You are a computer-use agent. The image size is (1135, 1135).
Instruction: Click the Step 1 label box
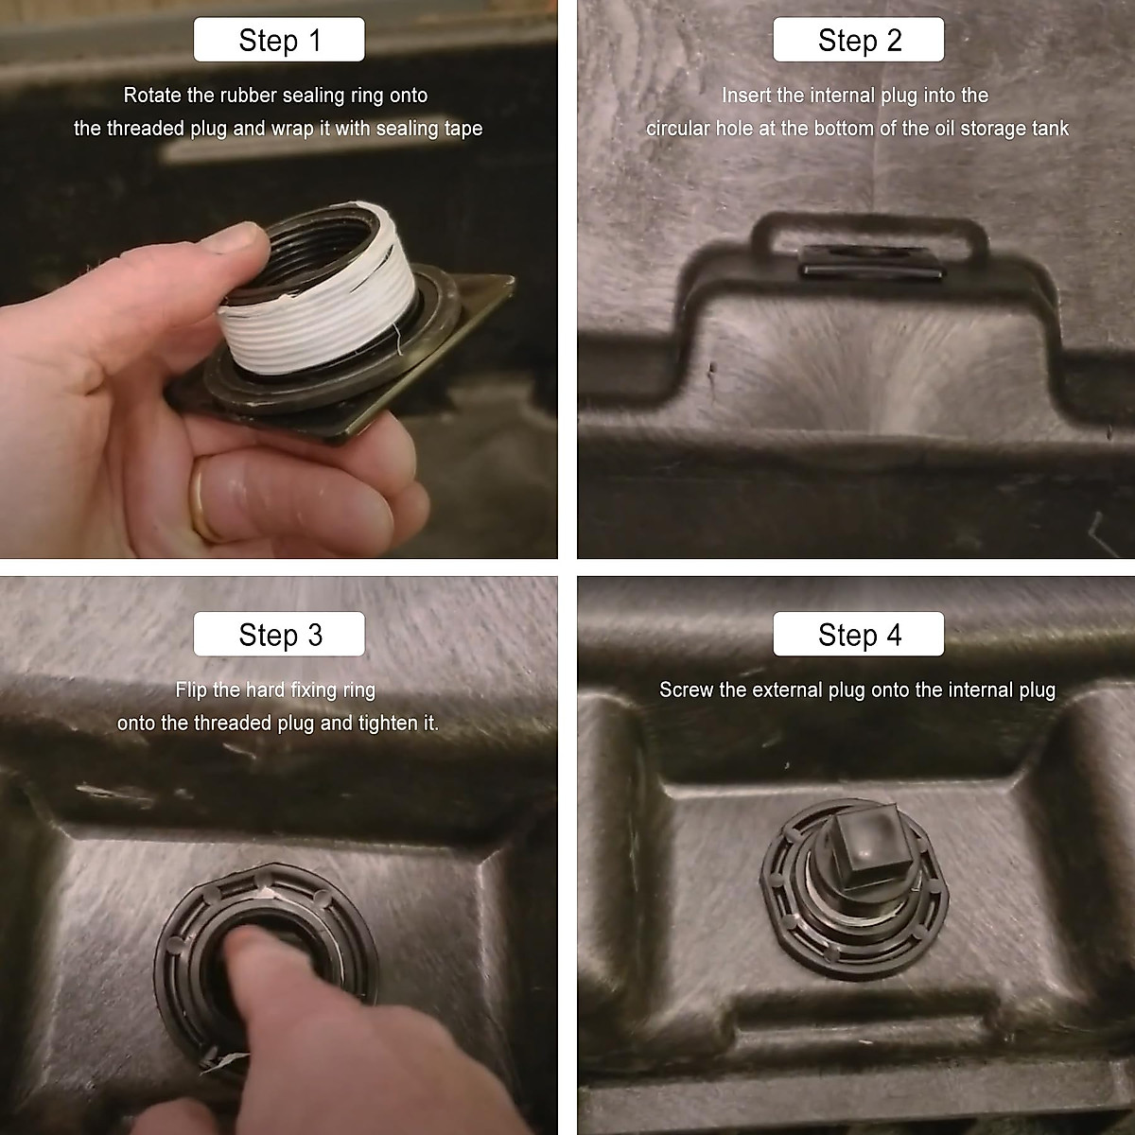coord(279,41)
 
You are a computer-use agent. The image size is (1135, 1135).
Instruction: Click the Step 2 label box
coord(858,41)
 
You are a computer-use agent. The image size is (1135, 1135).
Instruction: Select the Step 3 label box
coord(279,635)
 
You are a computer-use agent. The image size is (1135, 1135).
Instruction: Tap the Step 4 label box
coord(858,635)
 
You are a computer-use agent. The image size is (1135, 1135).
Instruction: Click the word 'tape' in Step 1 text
coord(461,129)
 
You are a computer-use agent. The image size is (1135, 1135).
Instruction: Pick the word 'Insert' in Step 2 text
coord(746,96)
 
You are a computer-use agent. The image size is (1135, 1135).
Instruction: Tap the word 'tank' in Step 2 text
coord(1047,129)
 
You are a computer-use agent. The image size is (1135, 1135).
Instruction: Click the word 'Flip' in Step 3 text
coord(191,690)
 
